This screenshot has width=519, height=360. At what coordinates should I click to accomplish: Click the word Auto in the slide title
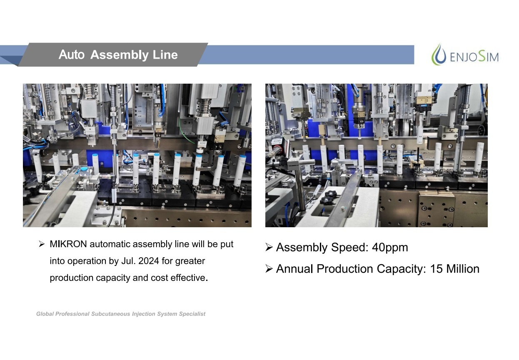71,55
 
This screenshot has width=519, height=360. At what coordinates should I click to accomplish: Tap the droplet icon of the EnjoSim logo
439,55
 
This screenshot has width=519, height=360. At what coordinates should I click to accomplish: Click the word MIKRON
68,244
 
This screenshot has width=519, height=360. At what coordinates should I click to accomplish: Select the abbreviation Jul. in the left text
128,261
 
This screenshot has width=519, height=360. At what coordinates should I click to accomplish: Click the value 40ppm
390,248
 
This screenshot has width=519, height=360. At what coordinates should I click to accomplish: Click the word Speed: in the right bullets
349,248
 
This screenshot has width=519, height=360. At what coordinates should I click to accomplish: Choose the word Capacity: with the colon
401,269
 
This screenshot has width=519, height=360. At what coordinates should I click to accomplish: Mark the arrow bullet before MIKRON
42,244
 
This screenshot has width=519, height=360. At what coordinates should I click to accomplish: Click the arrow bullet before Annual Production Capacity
269,269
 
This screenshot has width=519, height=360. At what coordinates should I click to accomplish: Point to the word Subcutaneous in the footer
110,314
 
